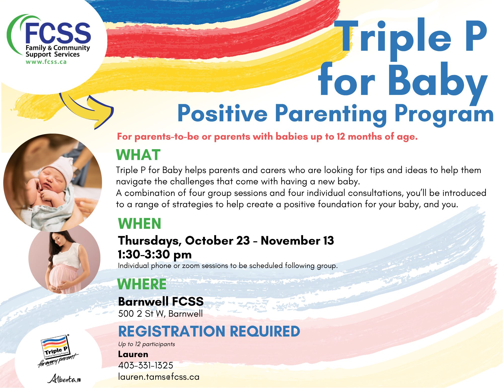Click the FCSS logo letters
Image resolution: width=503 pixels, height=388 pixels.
coord(58,33)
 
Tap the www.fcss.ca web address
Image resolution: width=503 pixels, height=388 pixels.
coord(46,62)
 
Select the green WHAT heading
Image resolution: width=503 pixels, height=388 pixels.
coord(138,155)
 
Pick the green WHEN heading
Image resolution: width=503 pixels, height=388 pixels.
coord(140,224)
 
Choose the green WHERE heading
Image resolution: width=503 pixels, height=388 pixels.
coord(142,284)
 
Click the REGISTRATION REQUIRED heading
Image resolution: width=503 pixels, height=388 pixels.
coord(209,331)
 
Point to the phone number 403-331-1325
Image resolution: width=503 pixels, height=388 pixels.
coord(146,365)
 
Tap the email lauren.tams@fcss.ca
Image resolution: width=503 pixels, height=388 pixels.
coord(159,377)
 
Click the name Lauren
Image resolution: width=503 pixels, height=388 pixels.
coord(133,354)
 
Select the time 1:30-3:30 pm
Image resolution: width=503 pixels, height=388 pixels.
coord(155,254)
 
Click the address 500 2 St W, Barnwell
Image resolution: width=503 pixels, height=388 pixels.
coord(160,314)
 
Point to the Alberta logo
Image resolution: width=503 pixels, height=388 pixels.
coord(64,379)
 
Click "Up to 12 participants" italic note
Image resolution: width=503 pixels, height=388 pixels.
coord(146,344)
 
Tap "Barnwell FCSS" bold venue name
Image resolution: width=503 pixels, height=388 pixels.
coord(161,301)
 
